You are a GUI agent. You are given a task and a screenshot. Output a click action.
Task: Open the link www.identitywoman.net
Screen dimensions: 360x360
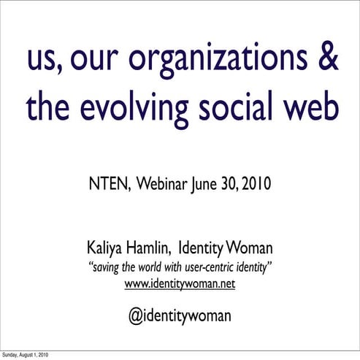point(180,283)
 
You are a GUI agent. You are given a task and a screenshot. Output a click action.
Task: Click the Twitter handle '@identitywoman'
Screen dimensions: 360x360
point(180,315)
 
